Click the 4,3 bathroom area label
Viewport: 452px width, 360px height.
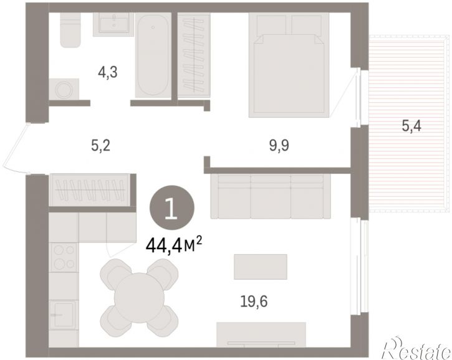point(107,72)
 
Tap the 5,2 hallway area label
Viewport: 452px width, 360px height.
point(100,146)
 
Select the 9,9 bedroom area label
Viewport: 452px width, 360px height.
point(279,146)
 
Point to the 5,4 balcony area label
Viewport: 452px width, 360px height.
point(411,126)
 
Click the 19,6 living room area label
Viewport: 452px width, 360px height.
point(254,301)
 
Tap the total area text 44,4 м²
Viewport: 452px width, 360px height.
point(174,245)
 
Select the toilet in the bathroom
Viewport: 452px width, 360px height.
point(70,30)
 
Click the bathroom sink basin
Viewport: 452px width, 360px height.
point(113,24)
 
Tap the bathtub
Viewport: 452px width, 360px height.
point(153,55)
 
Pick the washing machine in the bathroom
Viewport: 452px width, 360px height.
point(64,89)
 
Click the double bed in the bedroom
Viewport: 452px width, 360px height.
point(289,65)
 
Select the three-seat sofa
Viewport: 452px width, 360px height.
point(271,196)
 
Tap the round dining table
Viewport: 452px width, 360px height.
point(139,298)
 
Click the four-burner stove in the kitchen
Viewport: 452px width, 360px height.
point(64,257)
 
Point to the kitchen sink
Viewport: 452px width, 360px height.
point(64,315)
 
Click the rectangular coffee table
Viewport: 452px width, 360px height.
point(261,267)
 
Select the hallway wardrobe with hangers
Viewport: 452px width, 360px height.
point(90,190)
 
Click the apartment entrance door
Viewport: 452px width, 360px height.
point(15,149)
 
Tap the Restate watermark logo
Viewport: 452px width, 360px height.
point(416,348)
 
